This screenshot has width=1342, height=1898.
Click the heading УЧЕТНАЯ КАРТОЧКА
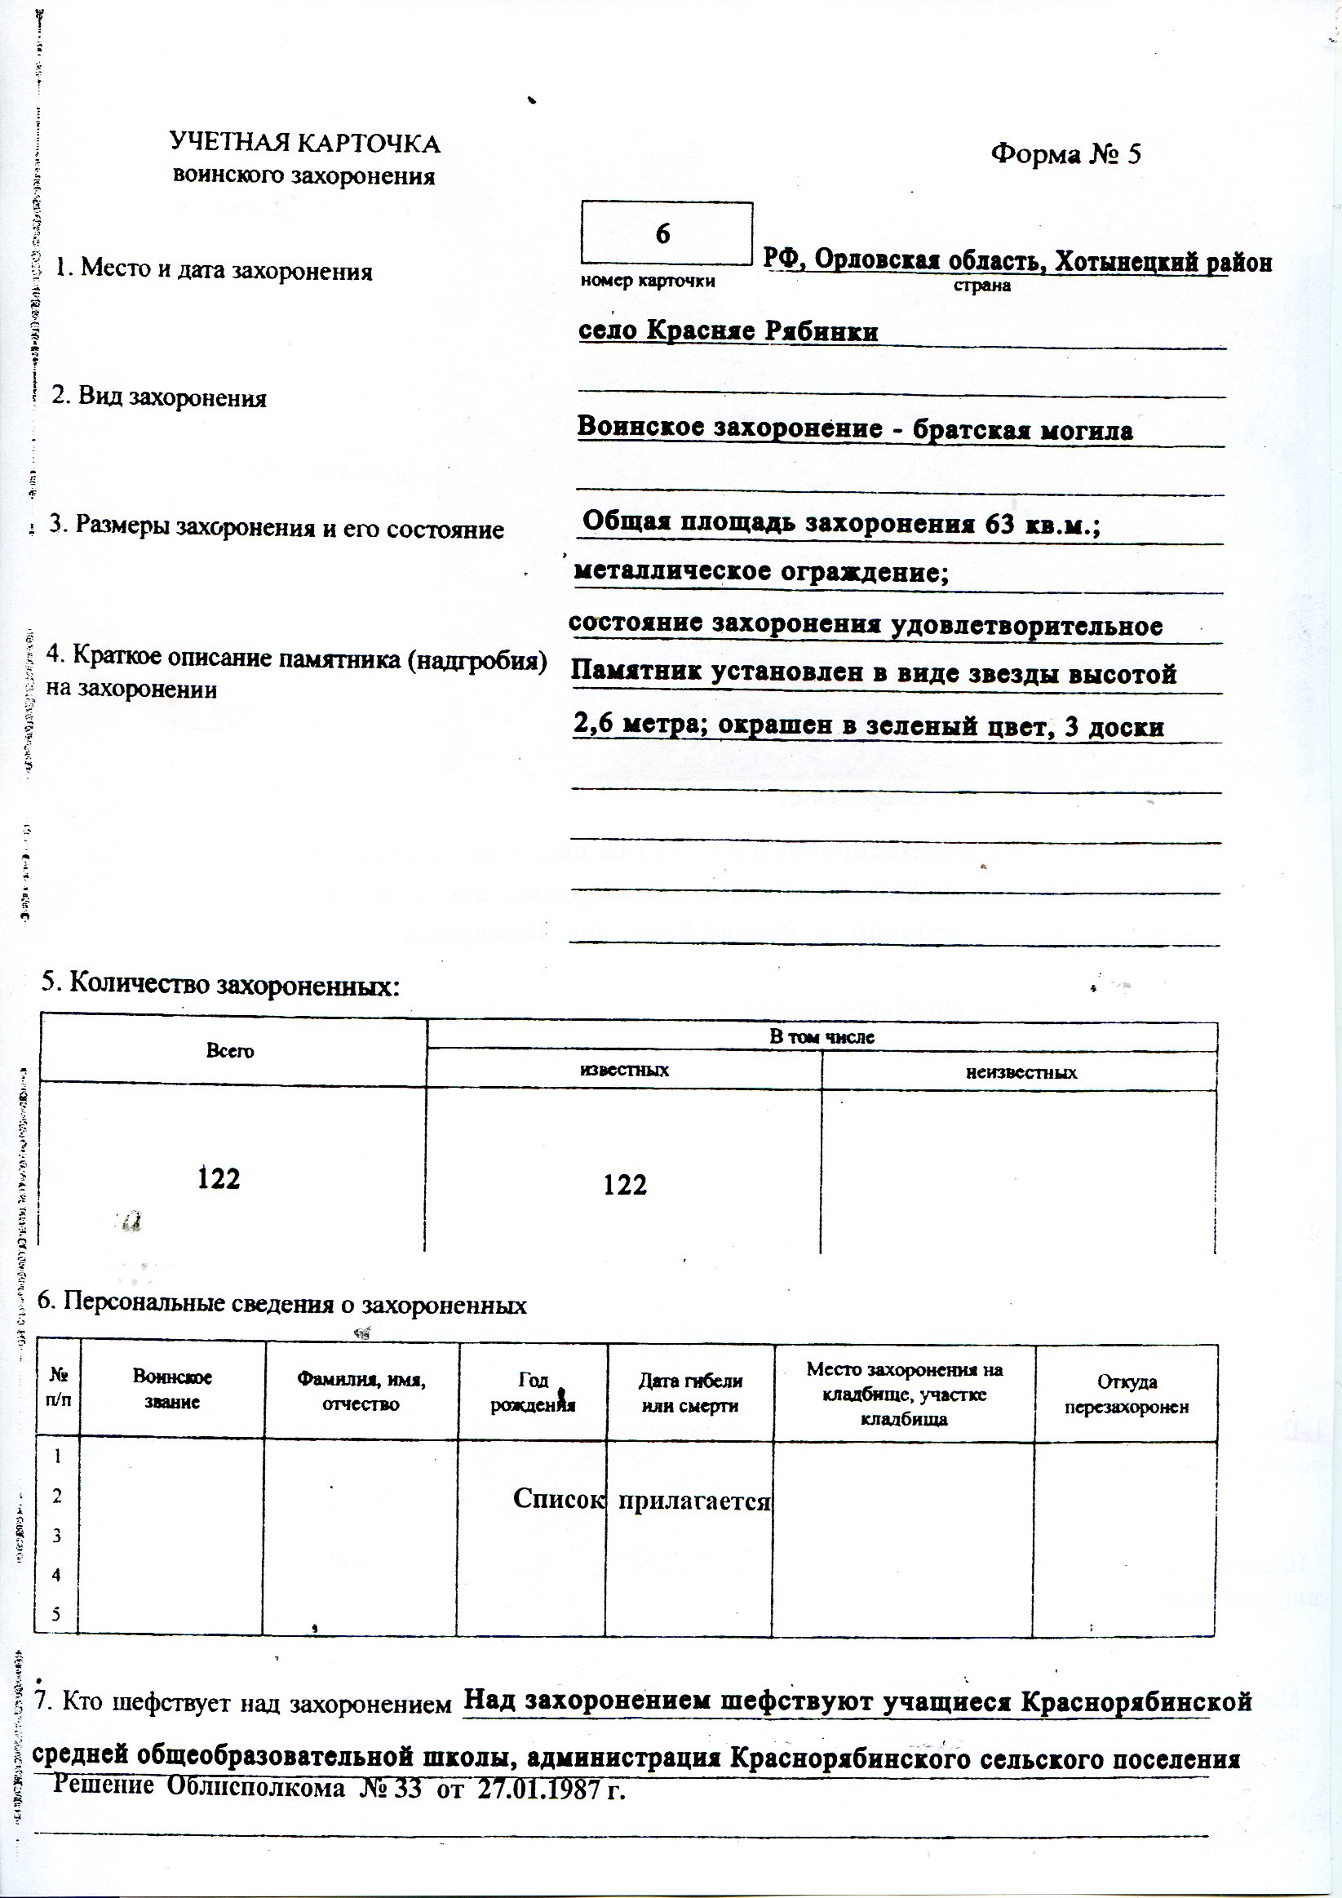305,144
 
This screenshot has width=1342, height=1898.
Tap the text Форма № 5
1065,153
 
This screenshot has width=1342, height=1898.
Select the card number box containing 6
666,234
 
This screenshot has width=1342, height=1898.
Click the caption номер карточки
648,281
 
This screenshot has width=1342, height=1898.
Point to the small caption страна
982,286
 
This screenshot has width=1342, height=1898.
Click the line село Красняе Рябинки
727,331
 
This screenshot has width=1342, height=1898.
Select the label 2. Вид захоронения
159,397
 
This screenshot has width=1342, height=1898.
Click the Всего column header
230,1052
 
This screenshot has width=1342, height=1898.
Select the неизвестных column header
1021,1073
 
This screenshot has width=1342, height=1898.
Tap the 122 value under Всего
219,1178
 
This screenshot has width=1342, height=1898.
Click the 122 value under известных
625,1185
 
